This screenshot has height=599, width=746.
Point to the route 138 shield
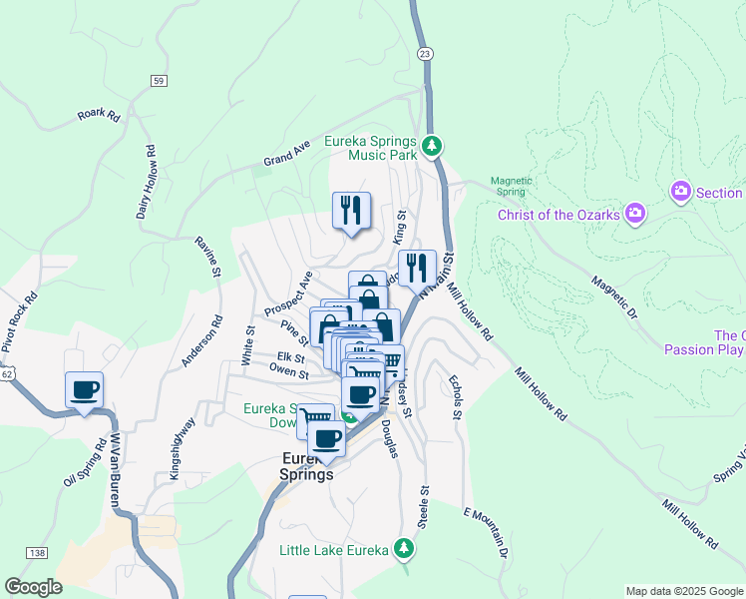[x=38, y=552]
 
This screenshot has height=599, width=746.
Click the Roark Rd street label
[x=99, y=114]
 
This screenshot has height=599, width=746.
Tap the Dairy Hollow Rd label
[x=146, y=183]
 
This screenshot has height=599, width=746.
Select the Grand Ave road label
[x=286, y=154]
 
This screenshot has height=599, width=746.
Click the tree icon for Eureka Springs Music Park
[x=432, y=146]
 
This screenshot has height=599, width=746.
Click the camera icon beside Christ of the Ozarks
[x=634, y=213]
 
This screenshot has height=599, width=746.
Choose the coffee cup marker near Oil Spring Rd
[x=84, y=388]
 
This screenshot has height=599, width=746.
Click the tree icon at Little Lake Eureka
[x=403, y=548]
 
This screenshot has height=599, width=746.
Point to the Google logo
[x=33, y=587]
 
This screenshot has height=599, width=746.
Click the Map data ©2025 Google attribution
[x=684, y=591]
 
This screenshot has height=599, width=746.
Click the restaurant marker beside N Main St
[x=417, y=268]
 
